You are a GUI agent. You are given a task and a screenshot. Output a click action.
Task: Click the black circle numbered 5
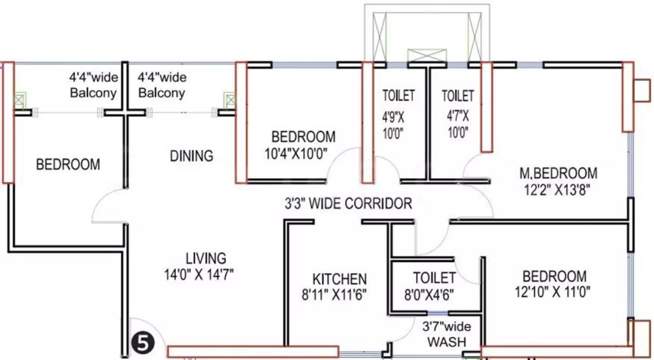click(143, 344)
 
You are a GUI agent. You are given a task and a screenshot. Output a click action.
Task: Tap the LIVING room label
click(206, 259)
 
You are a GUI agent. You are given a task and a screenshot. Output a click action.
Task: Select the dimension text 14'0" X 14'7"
click(199, 275)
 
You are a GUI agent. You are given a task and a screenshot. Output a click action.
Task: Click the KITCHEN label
click(340, 279)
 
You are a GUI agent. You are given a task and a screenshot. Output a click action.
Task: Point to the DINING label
click(192, 156)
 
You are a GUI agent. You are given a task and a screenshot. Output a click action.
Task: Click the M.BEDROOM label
click(558, 173)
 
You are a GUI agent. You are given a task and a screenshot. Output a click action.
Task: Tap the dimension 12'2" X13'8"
click(557, 189)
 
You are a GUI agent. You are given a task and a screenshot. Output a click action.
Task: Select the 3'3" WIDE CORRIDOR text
click(348, 204)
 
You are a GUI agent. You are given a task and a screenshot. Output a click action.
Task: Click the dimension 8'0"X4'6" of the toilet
click(429, 295)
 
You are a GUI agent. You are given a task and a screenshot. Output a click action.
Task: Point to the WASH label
click(447, 342)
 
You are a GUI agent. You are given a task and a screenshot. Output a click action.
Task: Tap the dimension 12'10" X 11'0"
click(553, 292)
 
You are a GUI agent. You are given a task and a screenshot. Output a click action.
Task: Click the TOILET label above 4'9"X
click(399, 96)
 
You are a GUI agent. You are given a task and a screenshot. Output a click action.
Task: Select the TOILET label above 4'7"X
click(458, 96)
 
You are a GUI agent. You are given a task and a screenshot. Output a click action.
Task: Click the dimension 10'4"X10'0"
click(296, 153)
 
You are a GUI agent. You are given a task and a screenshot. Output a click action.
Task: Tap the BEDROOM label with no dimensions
click(68, 165)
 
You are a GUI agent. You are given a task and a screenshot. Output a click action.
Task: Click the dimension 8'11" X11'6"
click(334, 295)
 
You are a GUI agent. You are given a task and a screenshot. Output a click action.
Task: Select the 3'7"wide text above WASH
click(446, 326)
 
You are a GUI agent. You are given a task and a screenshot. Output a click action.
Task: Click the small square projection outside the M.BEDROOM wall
click(642, 91)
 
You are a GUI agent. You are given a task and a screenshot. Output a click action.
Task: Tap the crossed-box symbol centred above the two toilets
click(427, 55)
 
